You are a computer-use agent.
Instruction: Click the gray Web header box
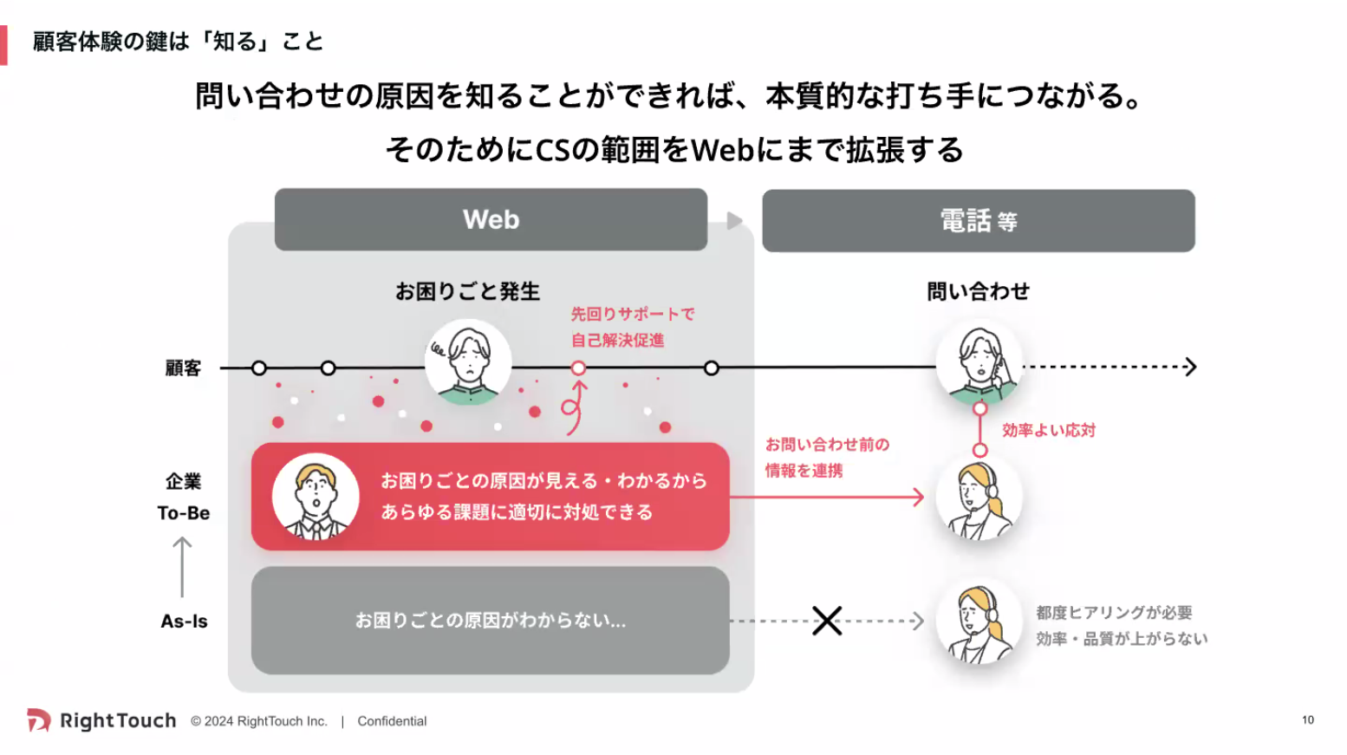491,219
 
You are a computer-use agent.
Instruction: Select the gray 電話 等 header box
978,221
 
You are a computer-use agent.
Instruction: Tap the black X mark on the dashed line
827,621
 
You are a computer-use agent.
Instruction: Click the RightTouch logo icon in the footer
38,720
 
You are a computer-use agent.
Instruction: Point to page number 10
1307,720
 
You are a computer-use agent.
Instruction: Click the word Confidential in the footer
392,721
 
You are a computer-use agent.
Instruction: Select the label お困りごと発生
467,291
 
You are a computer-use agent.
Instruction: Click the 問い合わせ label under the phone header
978,291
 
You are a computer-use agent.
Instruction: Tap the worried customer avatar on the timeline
468,361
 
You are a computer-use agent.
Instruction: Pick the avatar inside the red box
316,497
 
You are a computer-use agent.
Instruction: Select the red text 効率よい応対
1049,430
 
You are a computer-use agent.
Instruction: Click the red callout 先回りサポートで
633,314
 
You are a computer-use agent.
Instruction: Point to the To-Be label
184,513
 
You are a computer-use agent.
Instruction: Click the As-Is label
184,622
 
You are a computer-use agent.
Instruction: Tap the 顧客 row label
183,368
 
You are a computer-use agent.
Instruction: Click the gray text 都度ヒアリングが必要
1114,613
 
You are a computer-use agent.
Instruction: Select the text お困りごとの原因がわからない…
490,621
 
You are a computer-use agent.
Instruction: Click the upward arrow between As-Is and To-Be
182,567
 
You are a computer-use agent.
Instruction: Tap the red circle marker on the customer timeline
578,368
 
